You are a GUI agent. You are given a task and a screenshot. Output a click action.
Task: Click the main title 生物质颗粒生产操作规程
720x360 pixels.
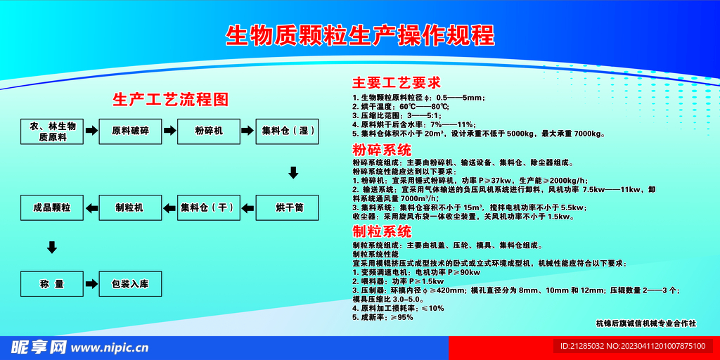click(360, 35)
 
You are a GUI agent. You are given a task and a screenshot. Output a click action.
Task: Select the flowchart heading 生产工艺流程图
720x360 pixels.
click(171, 99)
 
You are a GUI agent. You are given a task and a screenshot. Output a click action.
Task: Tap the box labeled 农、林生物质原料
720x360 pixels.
click(52, 131)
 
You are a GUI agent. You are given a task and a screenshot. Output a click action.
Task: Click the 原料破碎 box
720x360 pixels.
click(130, 131)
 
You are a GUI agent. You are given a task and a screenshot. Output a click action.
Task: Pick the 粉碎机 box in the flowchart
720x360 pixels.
click(209, 131)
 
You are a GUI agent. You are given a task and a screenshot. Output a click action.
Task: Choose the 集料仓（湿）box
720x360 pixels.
click(288, 131)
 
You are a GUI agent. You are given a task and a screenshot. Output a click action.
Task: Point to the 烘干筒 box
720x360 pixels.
click(288, 207)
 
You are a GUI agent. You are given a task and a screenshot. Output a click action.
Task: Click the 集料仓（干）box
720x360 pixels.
click(209, 207)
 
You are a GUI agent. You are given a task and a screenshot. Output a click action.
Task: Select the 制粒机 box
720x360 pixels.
click(129, 207)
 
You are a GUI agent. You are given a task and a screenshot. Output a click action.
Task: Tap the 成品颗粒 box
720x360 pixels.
click(51, 207)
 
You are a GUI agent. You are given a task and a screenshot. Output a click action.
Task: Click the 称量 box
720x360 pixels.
click(51, 285)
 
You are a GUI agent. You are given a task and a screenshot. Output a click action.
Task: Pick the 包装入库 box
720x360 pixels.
click(130, 285)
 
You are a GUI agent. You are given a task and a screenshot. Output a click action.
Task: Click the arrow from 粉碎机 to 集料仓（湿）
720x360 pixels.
click(248, 131)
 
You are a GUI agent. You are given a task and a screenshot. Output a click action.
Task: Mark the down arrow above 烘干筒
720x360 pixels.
click(293, 173)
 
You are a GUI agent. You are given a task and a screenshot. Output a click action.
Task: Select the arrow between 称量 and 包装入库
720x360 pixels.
click(91, 285)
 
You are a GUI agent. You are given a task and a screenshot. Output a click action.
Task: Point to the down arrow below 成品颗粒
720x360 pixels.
click(51, 247)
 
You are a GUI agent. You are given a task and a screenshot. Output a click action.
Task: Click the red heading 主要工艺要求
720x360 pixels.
click(397, 82)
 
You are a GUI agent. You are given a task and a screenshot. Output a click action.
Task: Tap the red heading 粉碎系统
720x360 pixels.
click(382, 150)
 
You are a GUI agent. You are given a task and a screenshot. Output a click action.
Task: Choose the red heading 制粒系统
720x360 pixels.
click(382, 231)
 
